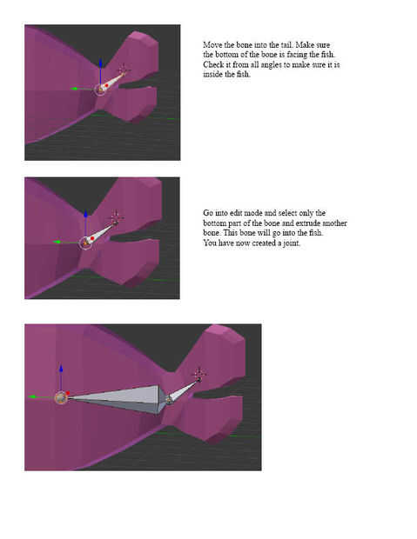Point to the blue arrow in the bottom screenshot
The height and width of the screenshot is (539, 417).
tap(61, 377)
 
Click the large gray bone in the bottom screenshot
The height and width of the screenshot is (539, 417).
tap(117, 399)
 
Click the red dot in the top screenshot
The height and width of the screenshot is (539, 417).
tap(107, 85)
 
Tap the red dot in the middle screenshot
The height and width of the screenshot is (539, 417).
tap(92, 238)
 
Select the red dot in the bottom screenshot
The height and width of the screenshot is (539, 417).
tap(68, 393)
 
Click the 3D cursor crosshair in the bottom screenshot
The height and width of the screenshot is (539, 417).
tap(199, 374)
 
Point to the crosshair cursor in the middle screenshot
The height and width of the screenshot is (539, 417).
tap(116, 217)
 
